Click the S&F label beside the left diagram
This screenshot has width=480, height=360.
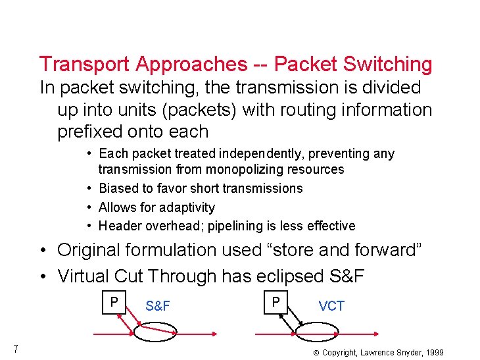[x=158, y=306]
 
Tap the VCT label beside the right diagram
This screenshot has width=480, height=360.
[x=331, y=306]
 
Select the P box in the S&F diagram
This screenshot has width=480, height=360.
[x=114, y=302]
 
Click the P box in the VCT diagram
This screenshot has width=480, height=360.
[x=276, y=302]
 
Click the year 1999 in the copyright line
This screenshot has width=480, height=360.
[x=433, y=353]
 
